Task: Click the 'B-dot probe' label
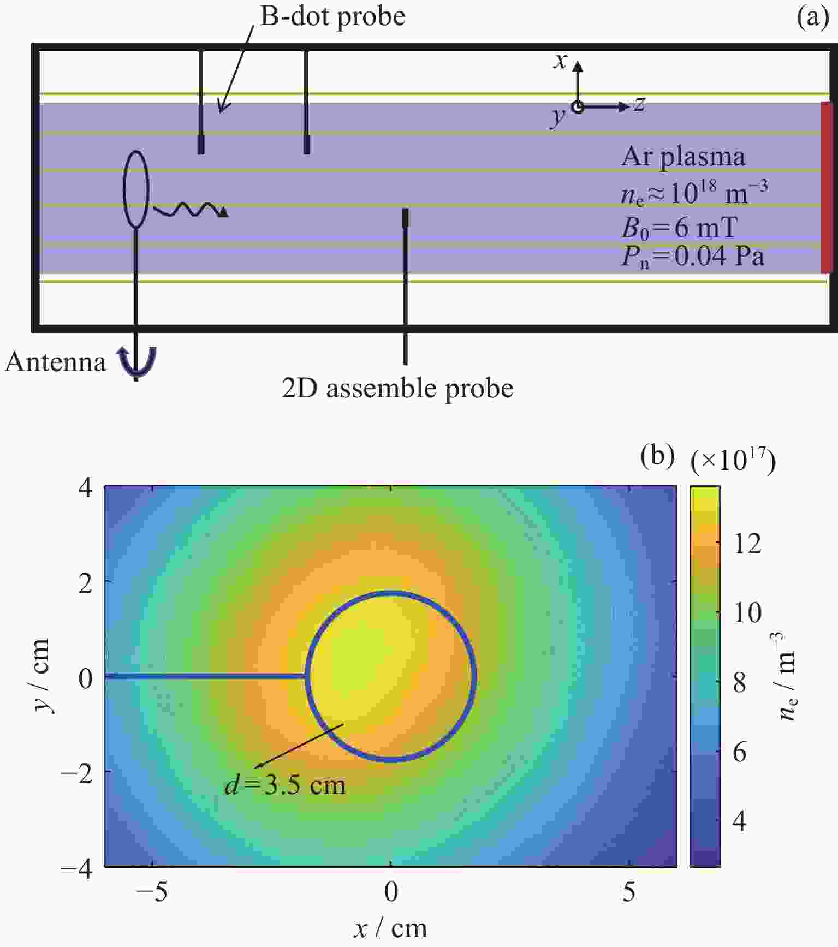click(332, 16)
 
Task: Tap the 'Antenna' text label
click(55, 362)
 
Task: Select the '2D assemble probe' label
click(397, 389)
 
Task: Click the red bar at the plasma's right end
click(828, 188)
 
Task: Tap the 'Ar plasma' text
click(684, 157)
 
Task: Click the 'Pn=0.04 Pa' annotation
click(693, 255)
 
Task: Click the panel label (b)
click(657, 456)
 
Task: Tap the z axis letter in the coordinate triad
click(640, 103)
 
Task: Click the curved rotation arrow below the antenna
click(138, 362)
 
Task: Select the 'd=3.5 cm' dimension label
click(285, 785)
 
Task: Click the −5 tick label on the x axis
click(151, 891)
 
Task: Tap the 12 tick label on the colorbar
click(747, 543)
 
